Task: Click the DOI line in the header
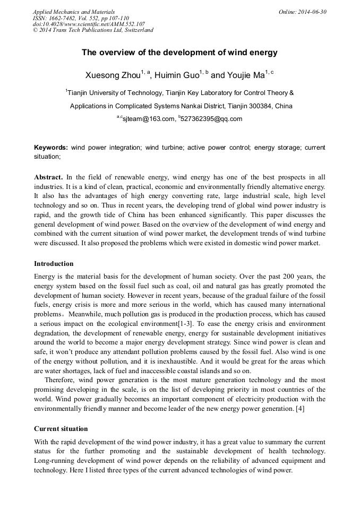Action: pyautogui.click(x=89, y=24)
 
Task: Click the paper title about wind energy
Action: pyautogui.click(x=179, y=53)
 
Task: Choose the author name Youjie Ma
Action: pyautogui.click(x=244, y=75)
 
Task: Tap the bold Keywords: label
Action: pyautogui.click(x=51, y=147)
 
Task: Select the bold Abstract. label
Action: pyautogui.click(x=49, y=177)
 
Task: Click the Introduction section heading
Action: pyautogui.click(x=54, y=263)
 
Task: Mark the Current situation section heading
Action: pyautogui.click(x=61, y=428)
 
